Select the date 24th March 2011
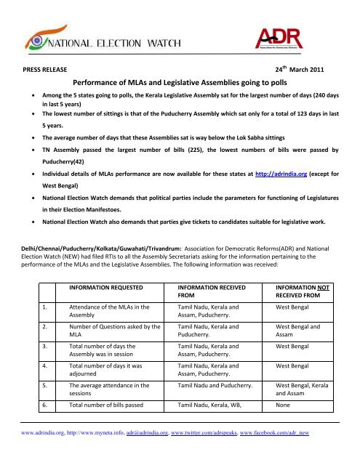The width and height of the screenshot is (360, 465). (x=303, y=71)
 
